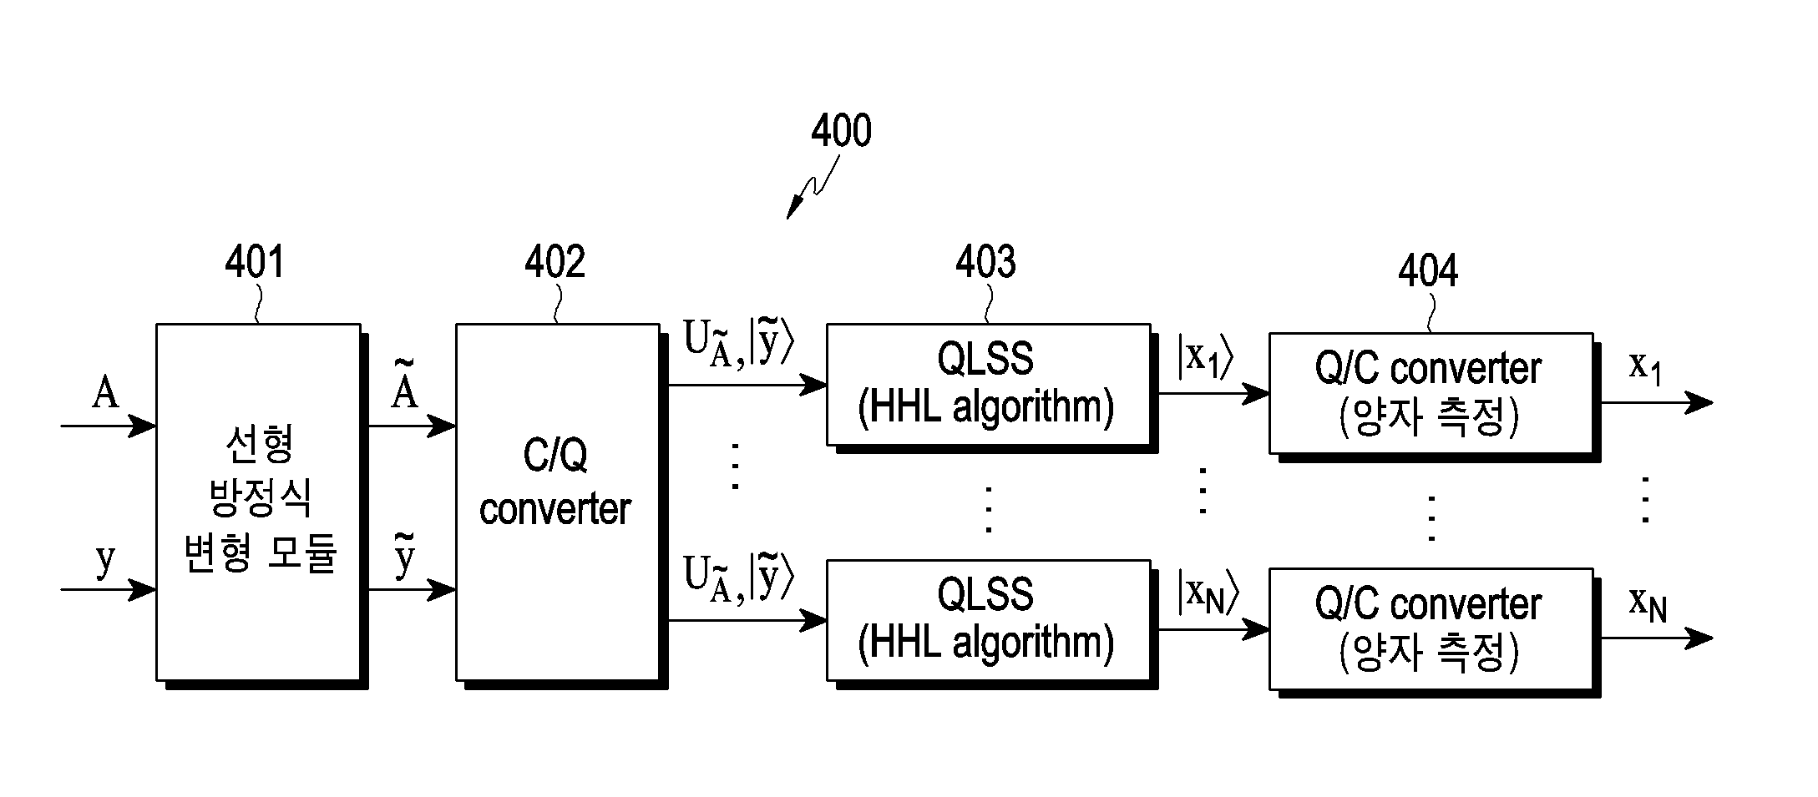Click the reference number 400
click(x=842, y=131)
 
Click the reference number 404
click(x=1429, y=270)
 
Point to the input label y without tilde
click(x=104, y=561)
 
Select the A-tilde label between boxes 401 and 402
click(x=404, y=384)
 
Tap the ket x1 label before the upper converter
click(x=1205, y=358)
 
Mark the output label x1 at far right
click(x=1645, y=367)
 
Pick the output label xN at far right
click(x=1648, y=603)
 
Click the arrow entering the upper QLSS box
click(x=747, y=385)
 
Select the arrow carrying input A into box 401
click(x=109, y=426)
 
